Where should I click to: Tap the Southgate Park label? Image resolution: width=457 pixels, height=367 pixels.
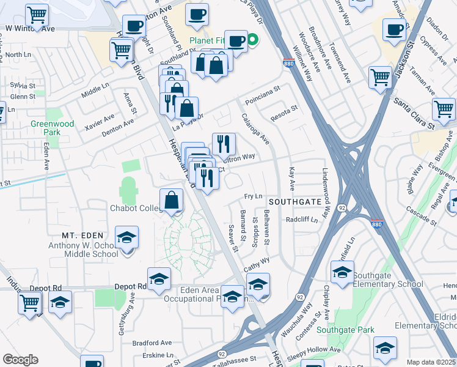tap(349, 330)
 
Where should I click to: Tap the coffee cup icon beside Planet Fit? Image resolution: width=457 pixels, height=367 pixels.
tap(236, 41)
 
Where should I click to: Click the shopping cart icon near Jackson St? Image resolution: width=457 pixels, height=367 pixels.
tap(380, 78)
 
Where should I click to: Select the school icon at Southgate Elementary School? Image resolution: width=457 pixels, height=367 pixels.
tap(343, 273)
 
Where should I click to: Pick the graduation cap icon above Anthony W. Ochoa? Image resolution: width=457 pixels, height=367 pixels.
tap(126, 237)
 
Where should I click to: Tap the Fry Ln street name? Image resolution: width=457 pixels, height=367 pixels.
tap(253, 196)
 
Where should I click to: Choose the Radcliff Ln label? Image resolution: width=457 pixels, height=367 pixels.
tap(302, 220)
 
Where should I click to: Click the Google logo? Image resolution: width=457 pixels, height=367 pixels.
tap(20, 360)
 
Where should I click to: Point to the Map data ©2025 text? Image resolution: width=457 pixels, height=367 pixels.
tap(431, 362)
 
